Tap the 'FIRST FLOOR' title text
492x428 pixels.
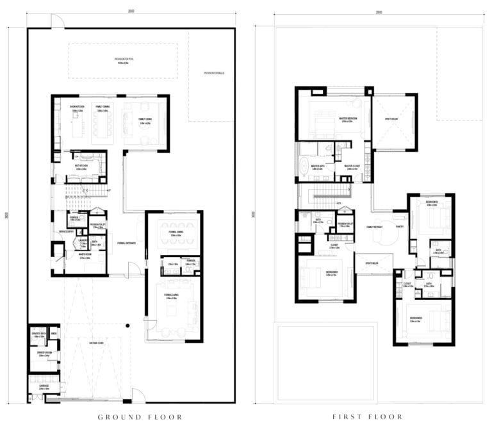tap(368, 417)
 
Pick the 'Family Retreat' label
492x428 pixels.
tap(375, 227)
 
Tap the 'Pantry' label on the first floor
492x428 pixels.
tap(399, 227)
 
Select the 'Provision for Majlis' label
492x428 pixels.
tap(213, 73)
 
